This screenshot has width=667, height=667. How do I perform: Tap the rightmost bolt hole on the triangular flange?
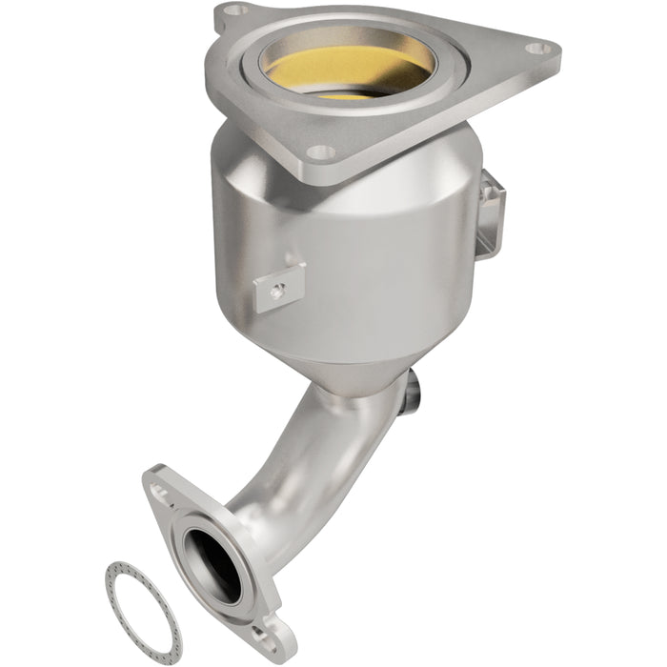tap(539, 47)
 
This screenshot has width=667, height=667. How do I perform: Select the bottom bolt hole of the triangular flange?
tap(321, 152)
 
